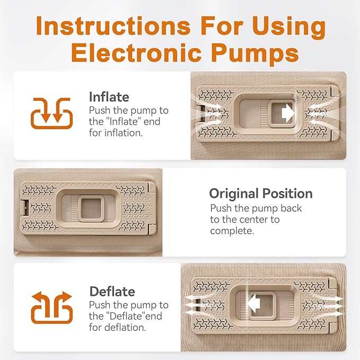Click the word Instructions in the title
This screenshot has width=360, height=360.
(113, 25)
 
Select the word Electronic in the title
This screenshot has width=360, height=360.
(136, 53)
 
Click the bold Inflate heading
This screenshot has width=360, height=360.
(109, 96)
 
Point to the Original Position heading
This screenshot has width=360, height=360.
(261, 194)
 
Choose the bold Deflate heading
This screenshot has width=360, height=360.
(112, 292)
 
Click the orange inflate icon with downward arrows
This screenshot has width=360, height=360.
(51, 113)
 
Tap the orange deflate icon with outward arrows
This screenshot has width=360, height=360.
(51, 308)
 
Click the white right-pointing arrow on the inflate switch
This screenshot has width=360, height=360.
(288, 113)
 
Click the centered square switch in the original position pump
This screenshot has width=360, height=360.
(91, 209)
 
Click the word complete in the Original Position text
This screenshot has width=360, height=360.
(232, 231)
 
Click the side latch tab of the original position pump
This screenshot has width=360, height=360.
(25, 208)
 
